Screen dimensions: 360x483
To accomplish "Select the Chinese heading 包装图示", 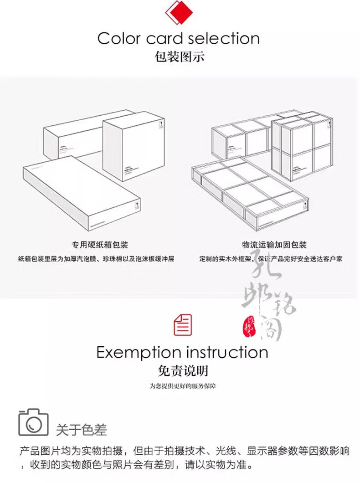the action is [x=180, y=57].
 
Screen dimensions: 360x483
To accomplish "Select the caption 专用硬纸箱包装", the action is [x=97, y=245].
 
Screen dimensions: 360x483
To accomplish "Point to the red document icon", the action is [x=183, y=325].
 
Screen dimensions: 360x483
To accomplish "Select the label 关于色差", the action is [x=81, y=429].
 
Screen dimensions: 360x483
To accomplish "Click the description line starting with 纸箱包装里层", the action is [x=96, y=259].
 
